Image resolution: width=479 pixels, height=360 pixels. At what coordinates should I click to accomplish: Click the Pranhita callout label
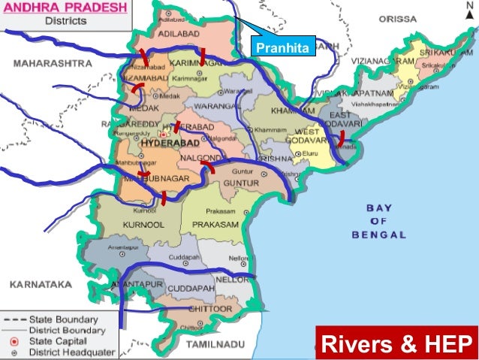tap(283, 50)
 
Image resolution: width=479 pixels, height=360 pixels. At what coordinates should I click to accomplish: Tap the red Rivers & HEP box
tap(396, 345)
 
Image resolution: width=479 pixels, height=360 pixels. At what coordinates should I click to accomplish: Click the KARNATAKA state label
tap(40, 286)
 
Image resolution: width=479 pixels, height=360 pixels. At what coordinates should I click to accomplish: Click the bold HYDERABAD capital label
tap(164, 142)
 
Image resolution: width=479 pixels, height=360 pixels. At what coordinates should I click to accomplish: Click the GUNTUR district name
tap(240, 183)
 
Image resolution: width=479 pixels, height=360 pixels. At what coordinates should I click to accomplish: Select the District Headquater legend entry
tap(62, 352)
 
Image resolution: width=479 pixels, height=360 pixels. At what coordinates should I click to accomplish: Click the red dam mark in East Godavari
tap(342, 138)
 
